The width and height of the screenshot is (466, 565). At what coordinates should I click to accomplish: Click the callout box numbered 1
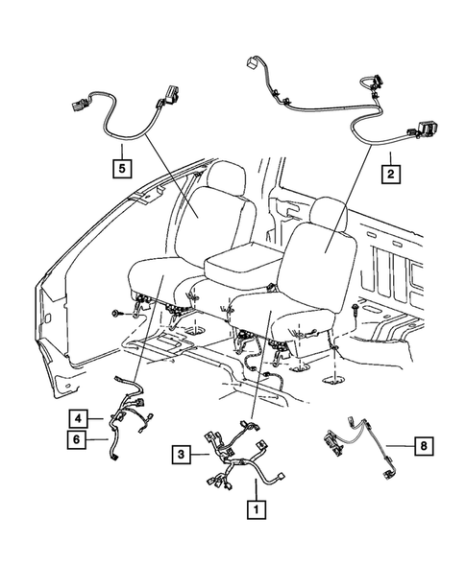[x=256, y=509]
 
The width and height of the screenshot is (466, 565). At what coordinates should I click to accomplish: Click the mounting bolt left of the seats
[x=115, y=313]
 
